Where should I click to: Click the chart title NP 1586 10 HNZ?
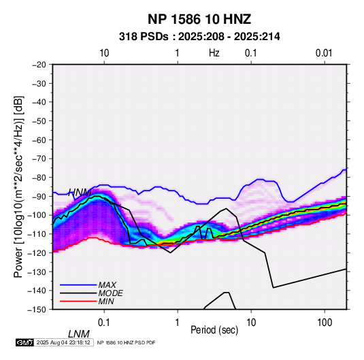click(x=199, y=19)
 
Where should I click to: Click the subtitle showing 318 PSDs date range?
click(x=199, y=37)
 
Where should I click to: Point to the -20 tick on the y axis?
click(x=39, y=65)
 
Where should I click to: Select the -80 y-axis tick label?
click(x=39, y=178)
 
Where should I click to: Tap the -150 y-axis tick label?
click(x=37, y=310)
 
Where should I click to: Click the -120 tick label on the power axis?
click(x=37, y=253)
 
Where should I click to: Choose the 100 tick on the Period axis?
click(x=325, y=323)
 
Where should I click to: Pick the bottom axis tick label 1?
click(x=178, y=323)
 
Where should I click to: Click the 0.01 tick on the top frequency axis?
click(x=324, y=53)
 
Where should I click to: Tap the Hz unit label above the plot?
click(x=214, y=53)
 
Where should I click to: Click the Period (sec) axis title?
click(x=214, y=330)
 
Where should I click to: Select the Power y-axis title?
click(x=18, y=186)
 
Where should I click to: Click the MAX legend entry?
click(x=107, y=284)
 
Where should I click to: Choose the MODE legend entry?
click(x=110, y=293)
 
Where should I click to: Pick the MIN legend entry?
click(x=106, y=301)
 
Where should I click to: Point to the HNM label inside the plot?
click(x=80, y=193)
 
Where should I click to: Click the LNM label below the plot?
click(x=79, y=334)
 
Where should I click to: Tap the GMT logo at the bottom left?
click(x=24, y=342)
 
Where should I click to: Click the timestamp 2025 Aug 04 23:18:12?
click(x=63, y=342)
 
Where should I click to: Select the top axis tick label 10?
click(x=104, y=53)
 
